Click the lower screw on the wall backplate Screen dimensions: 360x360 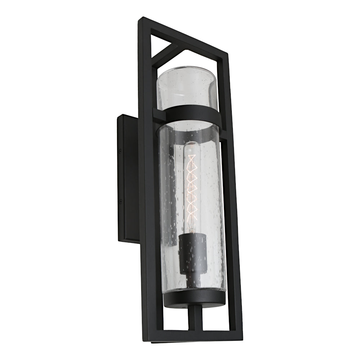click(120, 202)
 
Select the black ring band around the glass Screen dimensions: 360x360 click(191, 114)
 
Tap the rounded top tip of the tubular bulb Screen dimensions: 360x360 click(192, 144)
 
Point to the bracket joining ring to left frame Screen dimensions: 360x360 click(158, 114)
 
